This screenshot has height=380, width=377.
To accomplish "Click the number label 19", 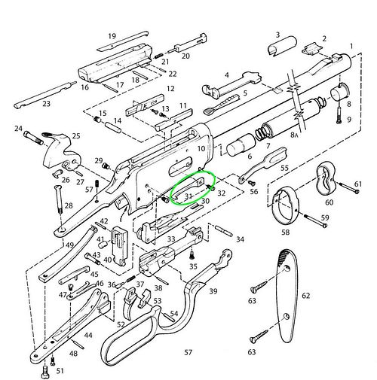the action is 112,36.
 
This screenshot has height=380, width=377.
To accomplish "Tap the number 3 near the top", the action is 277,35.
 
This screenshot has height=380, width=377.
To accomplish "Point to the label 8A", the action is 294,135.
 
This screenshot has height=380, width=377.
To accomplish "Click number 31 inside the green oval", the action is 188,196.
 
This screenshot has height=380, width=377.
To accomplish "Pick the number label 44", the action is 88,335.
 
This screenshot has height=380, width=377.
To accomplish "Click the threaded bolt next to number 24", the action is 33,138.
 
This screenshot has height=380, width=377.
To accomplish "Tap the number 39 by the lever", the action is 213,291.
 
